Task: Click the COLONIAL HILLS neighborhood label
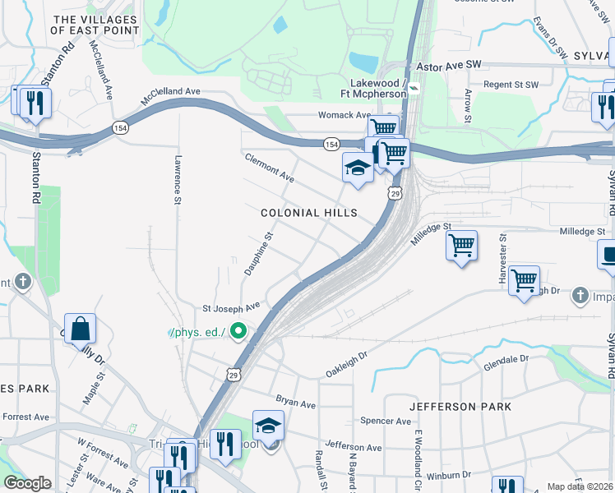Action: click(x=309, y=213)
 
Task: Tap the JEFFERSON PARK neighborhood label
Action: click(x=460, y=407)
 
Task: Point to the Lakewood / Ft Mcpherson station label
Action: click(x=378, y=89)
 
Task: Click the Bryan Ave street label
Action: click(x=296, y=404)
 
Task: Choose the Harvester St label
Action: click(x=502, y=259)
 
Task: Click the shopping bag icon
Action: click(x=80, y=329)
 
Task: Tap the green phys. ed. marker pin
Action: click(x=239, y=333)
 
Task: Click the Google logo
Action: click(x=27, y=483)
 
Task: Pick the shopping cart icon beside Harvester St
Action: click(x=524, y=281)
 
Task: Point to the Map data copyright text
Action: click(x=580, y=486)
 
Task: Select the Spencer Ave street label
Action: click(x=386, y=421)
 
